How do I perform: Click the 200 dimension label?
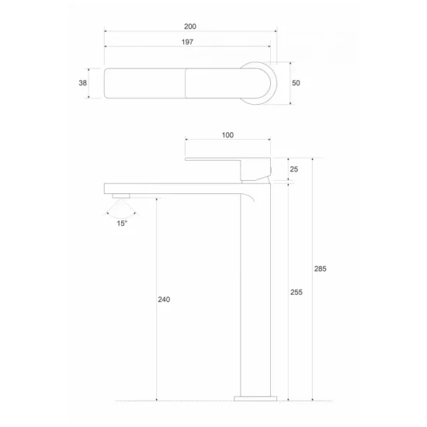tap(190, 26)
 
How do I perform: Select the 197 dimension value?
tap(187, 42)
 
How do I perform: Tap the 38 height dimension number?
tap(82, 83)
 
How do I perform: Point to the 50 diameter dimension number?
tap(296, 83)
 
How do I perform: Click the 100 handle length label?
tap(227, 135)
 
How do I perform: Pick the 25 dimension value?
tap(293, 169)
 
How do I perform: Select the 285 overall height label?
tap(320, 269)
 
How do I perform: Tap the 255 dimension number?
tap(297, 292)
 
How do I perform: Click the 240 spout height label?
tap(164, 299)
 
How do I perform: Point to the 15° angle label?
tap(122, 224)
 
